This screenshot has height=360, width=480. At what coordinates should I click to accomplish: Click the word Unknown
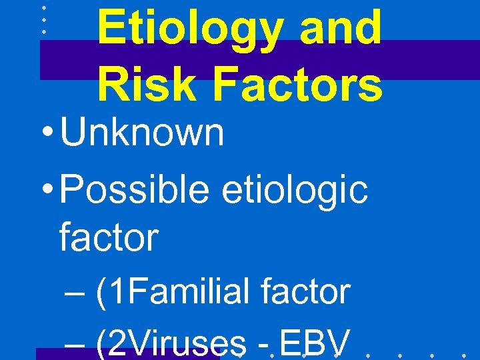coord(142,132)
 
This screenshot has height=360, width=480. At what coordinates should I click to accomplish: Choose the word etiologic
coord(293,190)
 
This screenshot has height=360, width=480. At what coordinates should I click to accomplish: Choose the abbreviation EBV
coord(314,344)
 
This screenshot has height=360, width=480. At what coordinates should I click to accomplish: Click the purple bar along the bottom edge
coord(127,354)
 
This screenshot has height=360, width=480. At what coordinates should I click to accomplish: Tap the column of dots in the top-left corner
coord(43,20)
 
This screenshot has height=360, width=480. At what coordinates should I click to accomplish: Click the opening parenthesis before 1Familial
coord(101,293)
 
